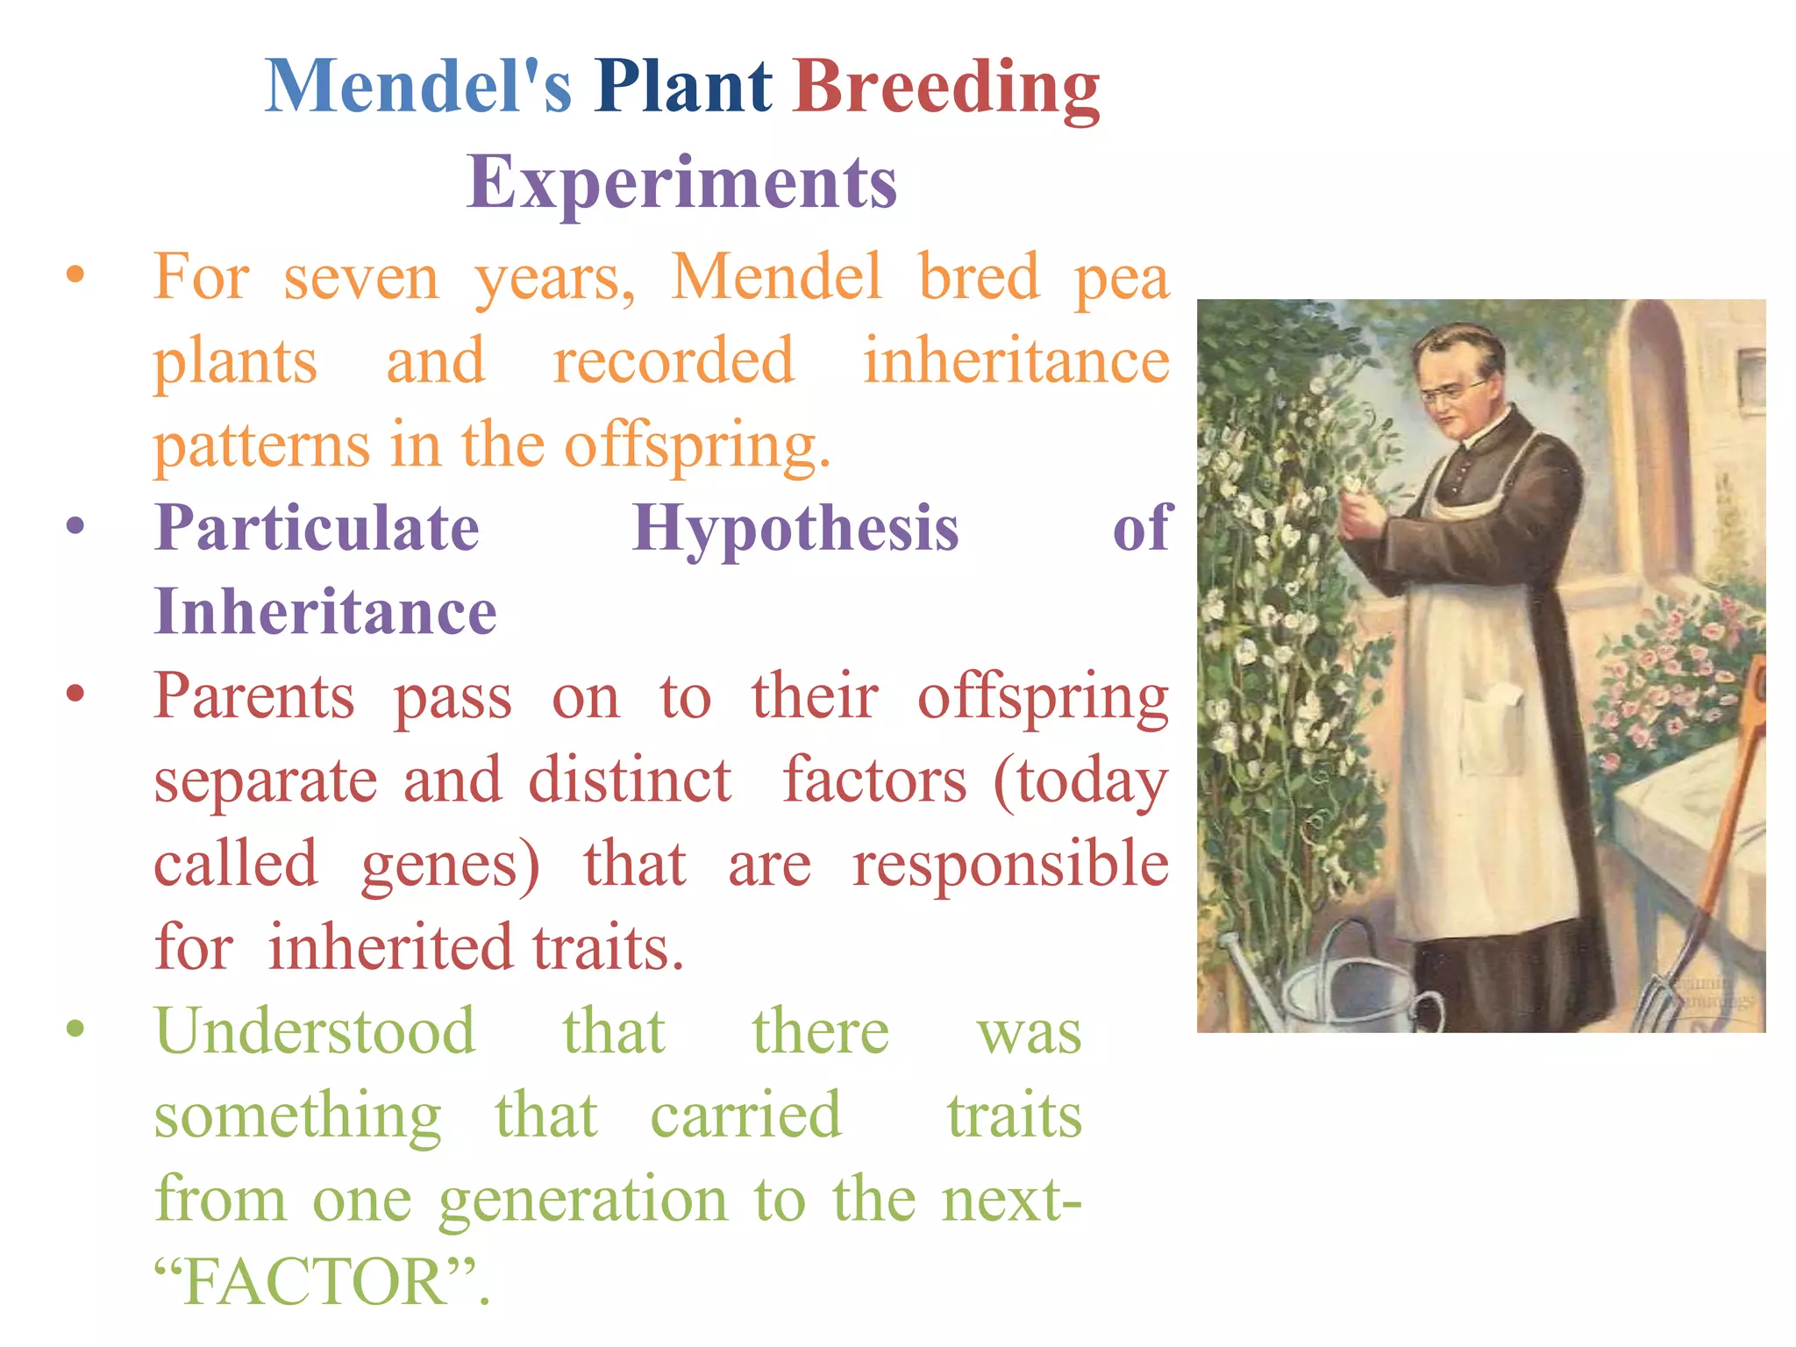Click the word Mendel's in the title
(418, 88)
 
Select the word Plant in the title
(682, 88)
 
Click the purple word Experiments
(681, 182)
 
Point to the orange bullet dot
(75, 275)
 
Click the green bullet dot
(75, 1028)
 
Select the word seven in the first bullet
(360, 279)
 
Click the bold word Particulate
(317, 529)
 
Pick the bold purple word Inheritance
(325, 612)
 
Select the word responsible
(1010, 864)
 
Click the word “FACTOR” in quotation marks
(316, 1282)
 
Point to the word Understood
(315, 1032)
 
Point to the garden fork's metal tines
(1657, 1000)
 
